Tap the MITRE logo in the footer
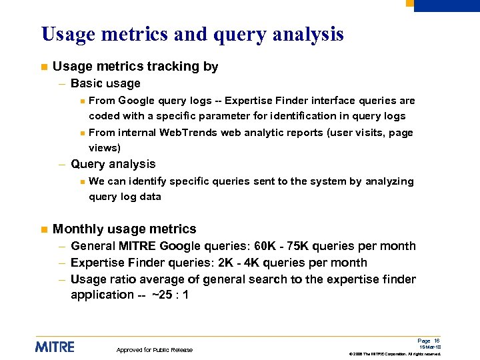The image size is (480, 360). (x=55, y=347)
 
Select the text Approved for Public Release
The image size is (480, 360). (x=155, y=350)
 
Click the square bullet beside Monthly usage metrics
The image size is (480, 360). (x=42, y=229)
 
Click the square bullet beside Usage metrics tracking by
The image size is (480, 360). (x=42, y=67)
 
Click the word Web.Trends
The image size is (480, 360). (x=189, y=133)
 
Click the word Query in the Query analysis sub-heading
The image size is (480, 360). (x=87, y=164)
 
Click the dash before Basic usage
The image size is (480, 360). (x=61, y=84)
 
